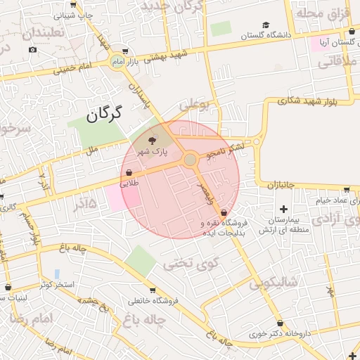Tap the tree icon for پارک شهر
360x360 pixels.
tap(153, 141)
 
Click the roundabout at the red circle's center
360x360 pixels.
tap(190, 160)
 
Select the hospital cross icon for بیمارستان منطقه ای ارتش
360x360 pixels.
tap(283, 209)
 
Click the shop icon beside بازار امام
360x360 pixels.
tap(124, 51)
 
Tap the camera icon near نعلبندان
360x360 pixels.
tap(32, 50)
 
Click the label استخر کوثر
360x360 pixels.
tap(58, 285)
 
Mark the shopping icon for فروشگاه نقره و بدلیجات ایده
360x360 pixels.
tap(224, 212)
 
